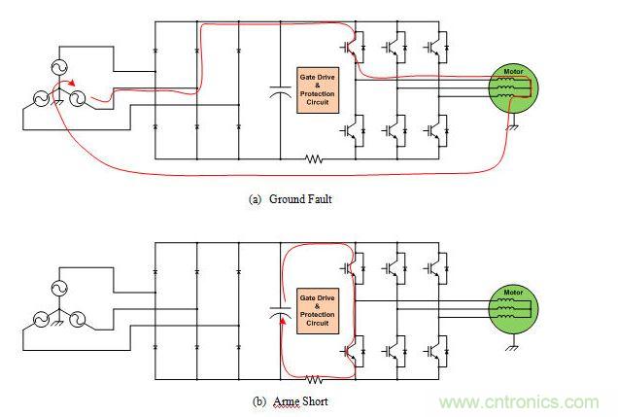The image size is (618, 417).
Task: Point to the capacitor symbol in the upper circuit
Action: pyautogui.click(x=281, y=93)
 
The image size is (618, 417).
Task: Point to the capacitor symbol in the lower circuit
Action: pyautogui.click(x=281, y=314)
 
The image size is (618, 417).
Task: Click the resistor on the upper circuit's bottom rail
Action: pyautogui.click(x=312, y=157)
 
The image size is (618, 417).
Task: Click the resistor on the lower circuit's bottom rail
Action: pyautogui.click(x=312, y=378)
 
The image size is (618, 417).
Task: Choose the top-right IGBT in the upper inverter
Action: pyautogui.click(x=433, y=46)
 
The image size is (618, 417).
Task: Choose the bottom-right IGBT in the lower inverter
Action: pyautogui.click(x=433, y=347)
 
